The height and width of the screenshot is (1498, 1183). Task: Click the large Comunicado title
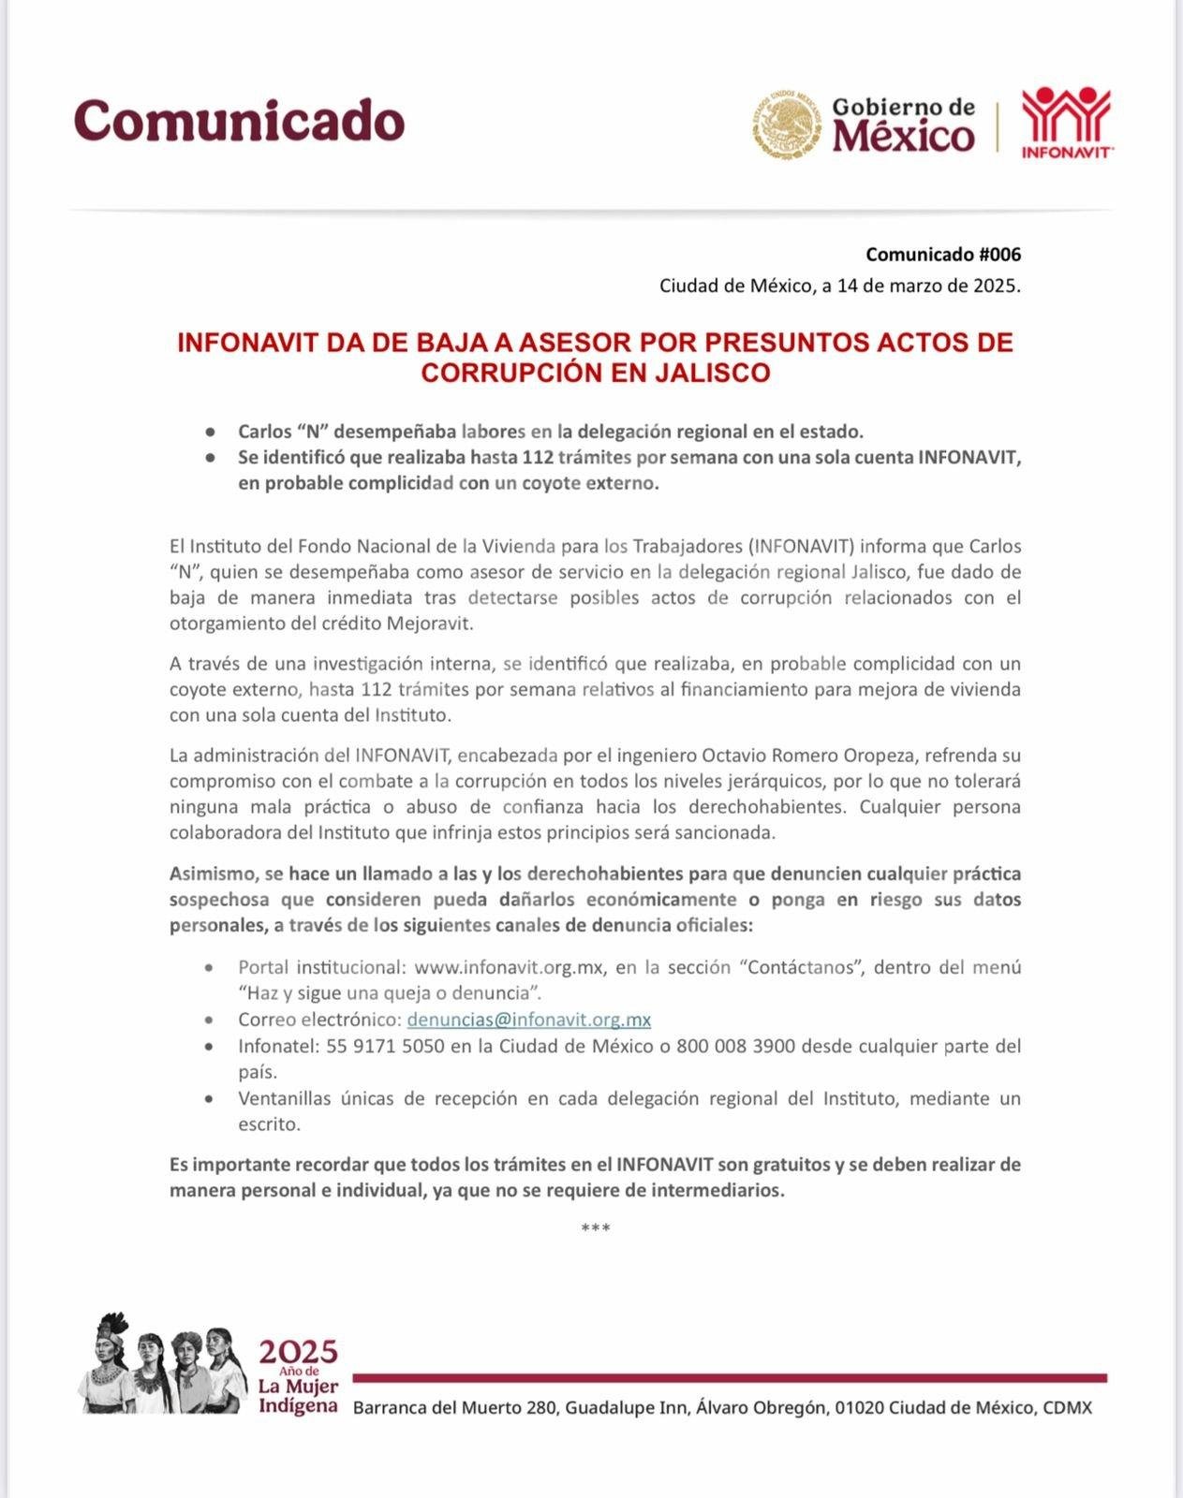[239, 121]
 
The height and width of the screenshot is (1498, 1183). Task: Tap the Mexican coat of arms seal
[784, 124]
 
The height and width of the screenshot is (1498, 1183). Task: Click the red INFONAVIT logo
[1066, 123]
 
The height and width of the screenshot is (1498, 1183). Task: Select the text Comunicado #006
[942, 255]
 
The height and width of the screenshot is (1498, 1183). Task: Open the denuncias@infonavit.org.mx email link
[528, 1020]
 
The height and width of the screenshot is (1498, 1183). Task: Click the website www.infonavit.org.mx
[508, 967]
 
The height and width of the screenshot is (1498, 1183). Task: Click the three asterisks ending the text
[595, 1228]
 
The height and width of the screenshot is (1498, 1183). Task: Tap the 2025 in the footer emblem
[298, 1352]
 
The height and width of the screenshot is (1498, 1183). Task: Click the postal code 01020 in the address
[859, 1407]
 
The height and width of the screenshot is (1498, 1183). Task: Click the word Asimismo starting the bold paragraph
[213, 874]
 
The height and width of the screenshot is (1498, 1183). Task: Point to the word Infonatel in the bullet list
[274, 1046]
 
